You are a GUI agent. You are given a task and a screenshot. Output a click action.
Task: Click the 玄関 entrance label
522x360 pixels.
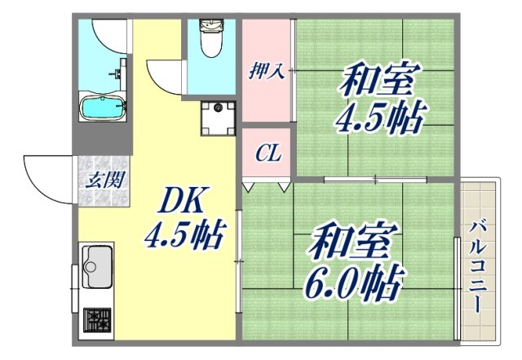(104, 179)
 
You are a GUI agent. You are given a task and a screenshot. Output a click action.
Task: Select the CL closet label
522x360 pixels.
(266, 153)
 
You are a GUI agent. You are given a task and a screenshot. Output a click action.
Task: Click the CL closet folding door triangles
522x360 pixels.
(266, 188)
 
